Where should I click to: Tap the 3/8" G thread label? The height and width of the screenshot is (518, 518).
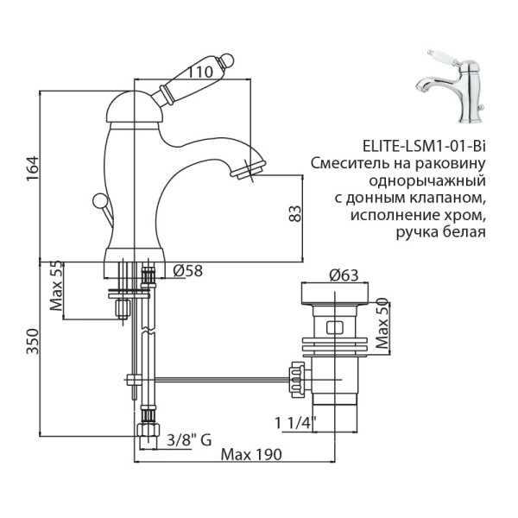tap(188, 440)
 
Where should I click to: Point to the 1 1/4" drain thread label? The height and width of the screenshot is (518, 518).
tap(295, 423)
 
